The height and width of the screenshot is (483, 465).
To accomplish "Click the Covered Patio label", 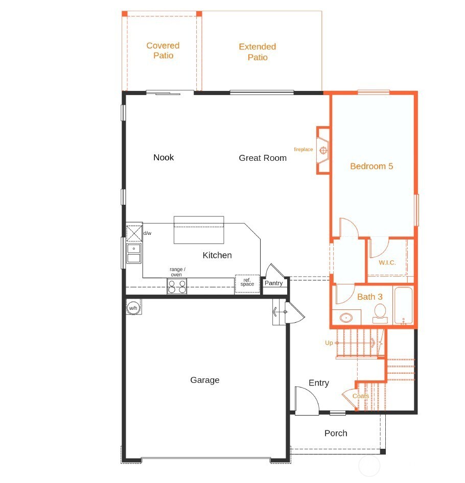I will coord(163,51).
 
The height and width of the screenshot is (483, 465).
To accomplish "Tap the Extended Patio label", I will coord(258,52).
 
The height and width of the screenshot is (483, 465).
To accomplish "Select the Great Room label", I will coord(263,158).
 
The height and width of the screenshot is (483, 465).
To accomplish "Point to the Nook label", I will coord(164,157).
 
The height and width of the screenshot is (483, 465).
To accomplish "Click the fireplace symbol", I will coord(323,150).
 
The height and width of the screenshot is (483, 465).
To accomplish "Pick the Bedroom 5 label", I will coord(371,166).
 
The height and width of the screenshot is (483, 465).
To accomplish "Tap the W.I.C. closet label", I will coord(387,263).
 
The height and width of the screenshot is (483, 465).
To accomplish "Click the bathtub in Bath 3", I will coord(403,306).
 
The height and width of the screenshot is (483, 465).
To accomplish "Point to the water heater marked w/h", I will coord(133,308).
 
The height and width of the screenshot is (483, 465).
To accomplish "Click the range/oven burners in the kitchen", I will coord(177,286).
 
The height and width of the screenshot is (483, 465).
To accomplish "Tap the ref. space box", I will coord(247,283).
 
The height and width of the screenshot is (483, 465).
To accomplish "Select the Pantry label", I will coord(273,283).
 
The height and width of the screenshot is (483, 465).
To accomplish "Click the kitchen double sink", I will coord(134,253).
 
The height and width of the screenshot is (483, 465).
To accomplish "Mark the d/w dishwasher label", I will coord(147,233).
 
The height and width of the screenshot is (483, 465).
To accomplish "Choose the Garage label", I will coord(205,380).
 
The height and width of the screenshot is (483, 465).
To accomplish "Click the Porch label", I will coord(336,433).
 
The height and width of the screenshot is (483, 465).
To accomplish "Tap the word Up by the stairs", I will coord(329,343).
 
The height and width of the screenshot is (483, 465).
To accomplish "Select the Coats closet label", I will coord(360,396).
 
